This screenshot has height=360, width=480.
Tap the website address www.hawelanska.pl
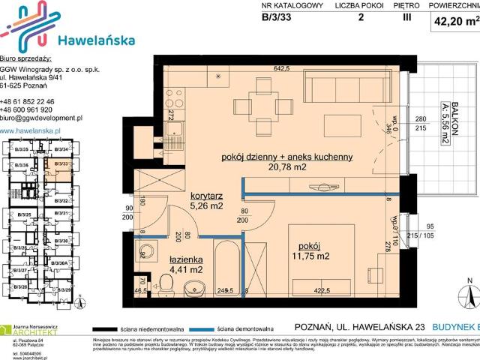tap(31, 130)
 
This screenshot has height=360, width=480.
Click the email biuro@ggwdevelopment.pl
tap(42, 118)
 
